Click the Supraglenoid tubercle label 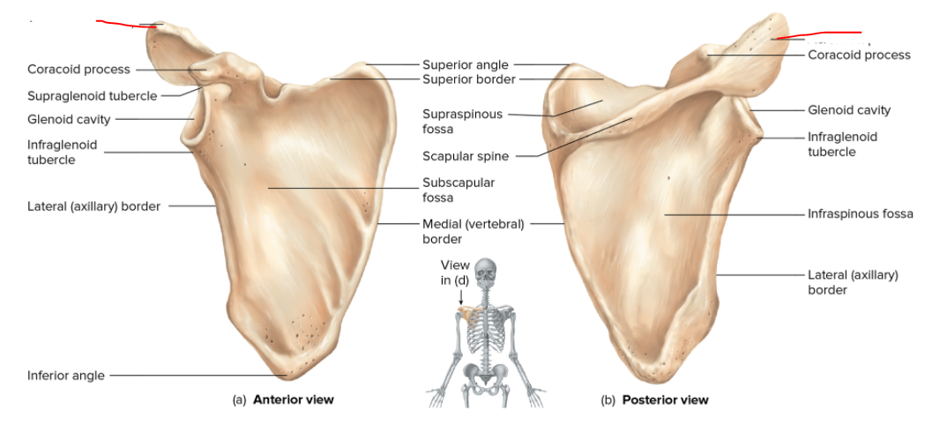click(92, 95)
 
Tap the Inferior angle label click(65, 376)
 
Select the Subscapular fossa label click(459, 190)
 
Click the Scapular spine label click(466, 156)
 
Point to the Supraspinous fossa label click(462, 122)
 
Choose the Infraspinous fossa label click(860, 213)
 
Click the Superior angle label click(465, 64)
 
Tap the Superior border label click(468, 79)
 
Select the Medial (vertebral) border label click(473, 231)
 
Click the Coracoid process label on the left click(78, 69)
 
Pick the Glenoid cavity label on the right click(848, 110)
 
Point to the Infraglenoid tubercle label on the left click(62, 152)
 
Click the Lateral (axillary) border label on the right click(853, 281)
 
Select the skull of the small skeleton click(484, 271)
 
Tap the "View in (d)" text click(455, 273)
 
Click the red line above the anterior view click(126, 24)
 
